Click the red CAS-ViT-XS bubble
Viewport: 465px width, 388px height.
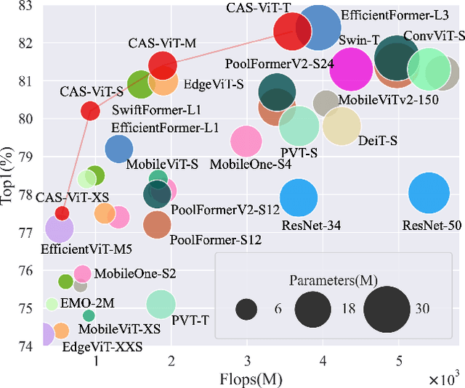point(62,212)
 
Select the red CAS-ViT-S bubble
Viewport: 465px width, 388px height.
point(90,111)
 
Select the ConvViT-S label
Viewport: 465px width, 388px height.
point(433,36)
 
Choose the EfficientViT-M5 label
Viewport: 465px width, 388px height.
point(86,249)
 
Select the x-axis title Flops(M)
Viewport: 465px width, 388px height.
point(251,379)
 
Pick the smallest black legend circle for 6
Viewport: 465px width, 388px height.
point(248,309)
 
